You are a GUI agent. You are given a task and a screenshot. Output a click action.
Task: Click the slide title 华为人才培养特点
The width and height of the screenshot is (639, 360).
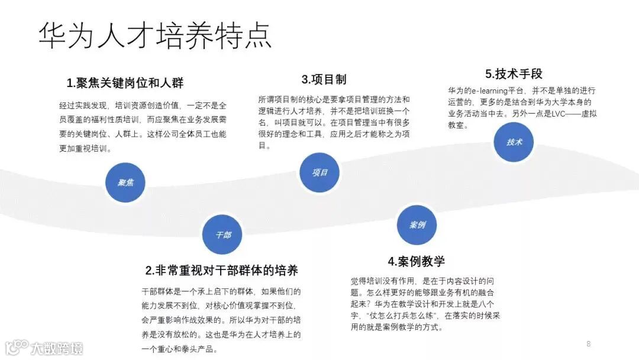(155, 36)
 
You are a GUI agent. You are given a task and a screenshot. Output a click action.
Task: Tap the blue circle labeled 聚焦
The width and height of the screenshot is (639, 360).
(125, 182)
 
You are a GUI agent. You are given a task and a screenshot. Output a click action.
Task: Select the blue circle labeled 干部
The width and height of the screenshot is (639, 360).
(222, 234)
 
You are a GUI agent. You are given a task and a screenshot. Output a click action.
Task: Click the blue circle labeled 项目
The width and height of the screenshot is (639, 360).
(319, 172)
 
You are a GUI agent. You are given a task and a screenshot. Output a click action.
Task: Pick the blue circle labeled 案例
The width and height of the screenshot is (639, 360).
(417, 225)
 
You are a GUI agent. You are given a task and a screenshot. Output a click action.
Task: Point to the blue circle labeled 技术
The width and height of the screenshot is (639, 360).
(513, 142)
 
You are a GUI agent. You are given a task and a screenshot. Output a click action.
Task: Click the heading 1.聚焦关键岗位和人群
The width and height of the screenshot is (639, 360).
(125, 82)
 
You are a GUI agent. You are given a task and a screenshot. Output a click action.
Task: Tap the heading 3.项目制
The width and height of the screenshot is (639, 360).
(324, 79)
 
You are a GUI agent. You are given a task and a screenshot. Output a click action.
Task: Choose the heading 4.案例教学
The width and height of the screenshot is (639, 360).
(417, 261)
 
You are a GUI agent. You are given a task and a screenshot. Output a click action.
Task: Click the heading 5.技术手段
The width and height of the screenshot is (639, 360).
(514, 74)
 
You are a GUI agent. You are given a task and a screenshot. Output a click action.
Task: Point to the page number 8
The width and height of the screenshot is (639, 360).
(588, 343)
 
